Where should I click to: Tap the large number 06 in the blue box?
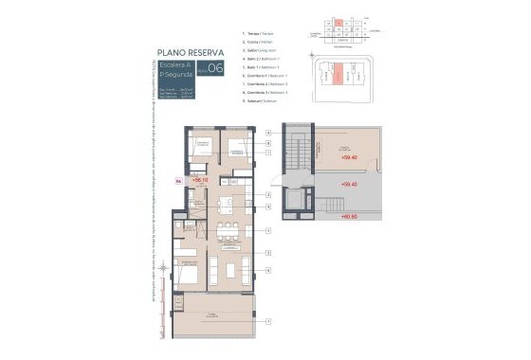coord(215,68)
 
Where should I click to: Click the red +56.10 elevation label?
coord(200,179)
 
